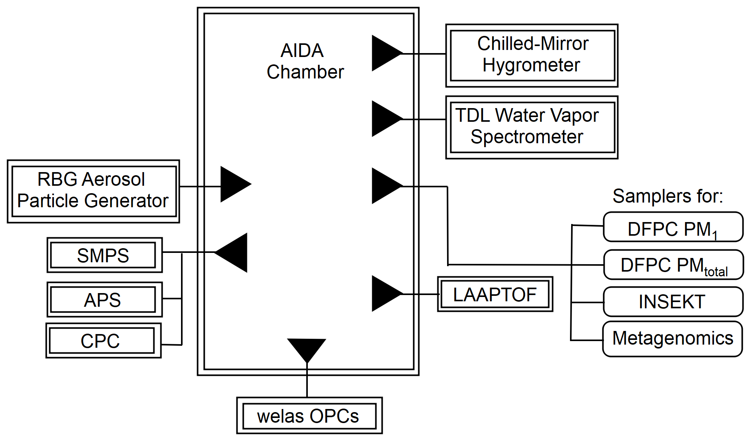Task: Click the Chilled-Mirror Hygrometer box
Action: [532, 55]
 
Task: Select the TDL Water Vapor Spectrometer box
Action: [532, 127]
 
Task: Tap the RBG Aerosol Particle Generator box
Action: [93, 191]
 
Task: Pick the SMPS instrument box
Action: [104, 255]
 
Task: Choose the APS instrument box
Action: [104, 299]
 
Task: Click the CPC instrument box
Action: [103, 340]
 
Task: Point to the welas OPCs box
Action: [309, 416]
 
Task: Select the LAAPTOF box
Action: [495, 294]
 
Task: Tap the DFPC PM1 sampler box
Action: [673, 227]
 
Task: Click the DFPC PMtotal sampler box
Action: [673, 265]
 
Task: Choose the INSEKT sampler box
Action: [673, 302]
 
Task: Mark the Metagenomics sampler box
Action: [673, 339]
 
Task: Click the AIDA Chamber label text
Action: [305, 61]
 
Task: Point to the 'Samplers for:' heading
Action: [668, 196]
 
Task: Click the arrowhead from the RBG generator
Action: [233, 184]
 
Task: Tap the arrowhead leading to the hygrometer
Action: [384, 53]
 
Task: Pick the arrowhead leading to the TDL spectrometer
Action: [384, 119]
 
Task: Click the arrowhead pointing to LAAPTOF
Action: [384, 293]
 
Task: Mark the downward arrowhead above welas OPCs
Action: [307, 348]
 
